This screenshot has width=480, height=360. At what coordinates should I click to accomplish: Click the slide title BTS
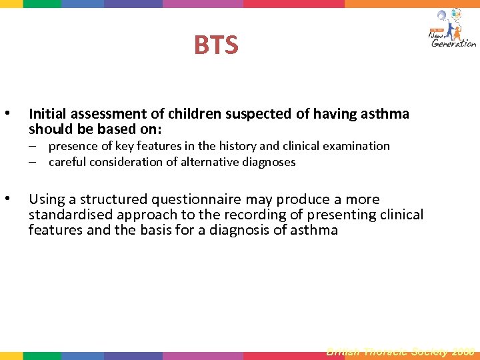click(x=216, y=45)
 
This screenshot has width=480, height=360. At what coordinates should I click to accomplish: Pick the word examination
click(x=357, y=145)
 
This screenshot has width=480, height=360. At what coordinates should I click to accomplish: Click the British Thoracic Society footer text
click(x=400, y=351)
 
